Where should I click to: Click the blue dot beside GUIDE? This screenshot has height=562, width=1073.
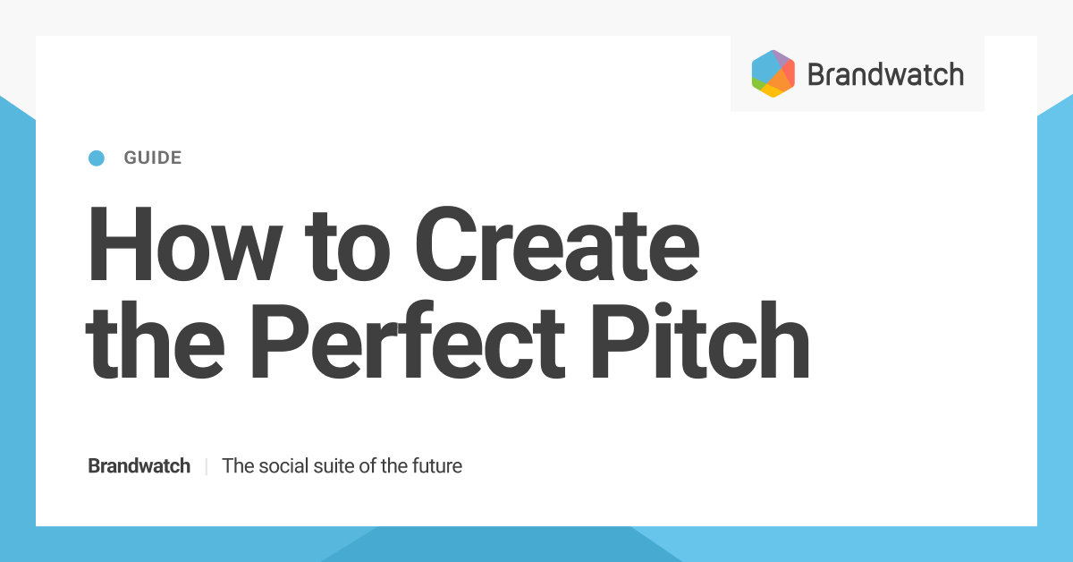97,158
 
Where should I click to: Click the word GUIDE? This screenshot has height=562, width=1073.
153,158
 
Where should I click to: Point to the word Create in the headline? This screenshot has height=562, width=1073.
556,243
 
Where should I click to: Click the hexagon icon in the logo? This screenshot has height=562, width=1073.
773,73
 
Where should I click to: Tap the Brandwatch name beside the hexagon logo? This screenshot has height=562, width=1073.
885,74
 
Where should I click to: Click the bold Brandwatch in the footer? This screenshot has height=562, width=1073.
139,466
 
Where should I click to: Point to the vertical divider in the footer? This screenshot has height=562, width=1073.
207,466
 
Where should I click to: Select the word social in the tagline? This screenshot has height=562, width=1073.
283,466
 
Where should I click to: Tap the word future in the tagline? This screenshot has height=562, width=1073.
435,466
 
